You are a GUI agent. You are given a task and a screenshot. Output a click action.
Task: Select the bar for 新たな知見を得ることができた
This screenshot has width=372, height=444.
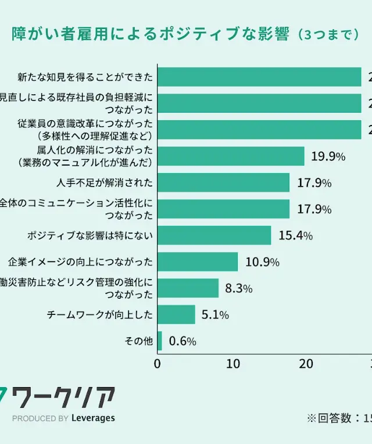[x=259, y=77]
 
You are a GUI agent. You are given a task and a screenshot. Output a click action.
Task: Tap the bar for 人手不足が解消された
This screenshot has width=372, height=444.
[x=223, y=182]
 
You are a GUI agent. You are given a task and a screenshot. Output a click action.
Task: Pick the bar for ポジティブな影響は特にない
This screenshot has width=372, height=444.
[x=214, y=235]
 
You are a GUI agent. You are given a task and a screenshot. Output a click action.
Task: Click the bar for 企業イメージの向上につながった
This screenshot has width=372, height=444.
[x=198, y=262]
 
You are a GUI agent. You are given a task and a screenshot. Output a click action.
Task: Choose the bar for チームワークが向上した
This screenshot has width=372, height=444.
[x=176, y=314]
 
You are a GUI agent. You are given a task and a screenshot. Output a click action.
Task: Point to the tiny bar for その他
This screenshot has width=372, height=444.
[x=160, y=341]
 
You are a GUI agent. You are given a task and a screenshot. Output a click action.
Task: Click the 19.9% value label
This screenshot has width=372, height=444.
[x=328, y=156]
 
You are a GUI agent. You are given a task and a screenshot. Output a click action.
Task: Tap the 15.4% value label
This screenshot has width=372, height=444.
[x=296, y=235]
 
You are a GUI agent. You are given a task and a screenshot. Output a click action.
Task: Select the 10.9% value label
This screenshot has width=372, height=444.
[x=262, y=262]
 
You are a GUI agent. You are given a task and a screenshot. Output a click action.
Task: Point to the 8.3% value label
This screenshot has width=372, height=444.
[x=238, y=288]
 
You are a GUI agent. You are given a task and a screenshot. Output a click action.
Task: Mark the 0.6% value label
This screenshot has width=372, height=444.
[x=183, y=341]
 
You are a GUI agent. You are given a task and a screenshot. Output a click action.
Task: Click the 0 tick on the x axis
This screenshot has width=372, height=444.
[x=158, y=364]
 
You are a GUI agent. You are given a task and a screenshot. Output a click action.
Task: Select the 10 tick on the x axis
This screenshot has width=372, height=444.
[x=233, y=364]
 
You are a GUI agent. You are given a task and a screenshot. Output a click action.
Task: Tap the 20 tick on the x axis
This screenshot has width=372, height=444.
[x=306, y=364]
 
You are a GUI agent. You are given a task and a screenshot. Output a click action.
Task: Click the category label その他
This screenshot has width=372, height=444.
[x=139, y=341]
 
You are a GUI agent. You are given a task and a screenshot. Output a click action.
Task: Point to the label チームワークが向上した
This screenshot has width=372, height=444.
[x=100, y=314]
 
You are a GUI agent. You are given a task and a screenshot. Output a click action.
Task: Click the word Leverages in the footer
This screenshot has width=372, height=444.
[x=93, y=418]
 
